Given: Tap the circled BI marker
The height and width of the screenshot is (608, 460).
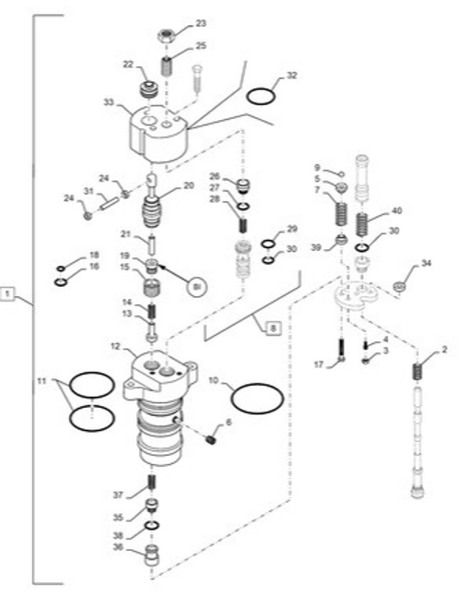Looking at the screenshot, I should pos(195,288).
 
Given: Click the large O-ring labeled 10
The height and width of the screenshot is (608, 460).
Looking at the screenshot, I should pos(256,399).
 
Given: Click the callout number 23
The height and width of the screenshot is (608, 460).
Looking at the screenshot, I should pos(201,22).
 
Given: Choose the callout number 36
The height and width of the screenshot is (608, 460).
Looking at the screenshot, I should pos(118,547).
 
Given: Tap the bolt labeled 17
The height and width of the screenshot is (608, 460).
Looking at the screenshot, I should pos(341,351).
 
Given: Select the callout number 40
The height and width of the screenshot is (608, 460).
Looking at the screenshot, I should pos(397,210).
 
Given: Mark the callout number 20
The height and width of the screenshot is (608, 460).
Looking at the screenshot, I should pos(189,185).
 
